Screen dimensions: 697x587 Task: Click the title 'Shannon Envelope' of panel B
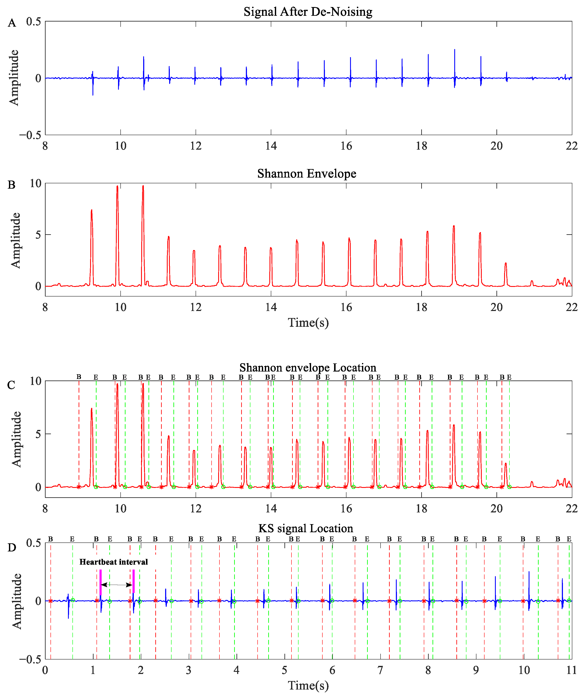click(306, 174)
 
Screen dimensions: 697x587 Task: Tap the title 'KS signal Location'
click(306, 528)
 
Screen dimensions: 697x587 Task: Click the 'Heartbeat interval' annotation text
click(114, 562)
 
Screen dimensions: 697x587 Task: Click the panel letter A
click(12, 23)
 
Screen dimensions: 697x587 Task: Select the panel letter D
click(12, 548)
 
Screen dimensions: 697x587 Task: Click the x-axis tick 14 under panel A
click(271, 146)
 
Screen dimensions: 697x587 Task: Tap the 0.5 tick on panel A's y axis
click(33, 22)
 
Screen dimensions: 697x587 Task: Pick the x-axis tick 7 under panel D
click(380, 670)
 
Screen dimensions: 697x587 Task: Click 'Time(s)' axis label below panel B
click(308, 322)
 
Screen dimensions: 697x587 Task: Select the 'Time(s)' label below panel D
click(308, 686)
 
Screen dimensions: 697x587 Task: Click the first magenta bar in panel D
click(101, 583)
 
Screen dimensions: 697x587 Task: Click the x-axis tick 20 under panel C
click(496, 508)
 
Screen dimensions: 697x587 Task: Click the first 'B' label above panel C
click(79, 377)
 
